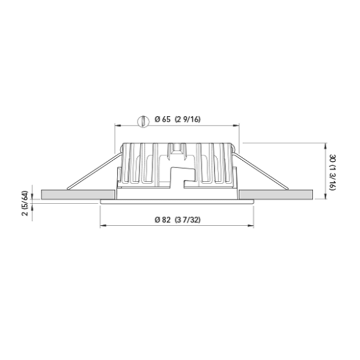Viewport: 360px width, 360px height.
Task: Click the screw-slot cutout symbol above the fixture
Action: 142,121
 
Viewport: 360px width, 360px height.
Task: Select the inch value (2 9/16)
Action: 188,120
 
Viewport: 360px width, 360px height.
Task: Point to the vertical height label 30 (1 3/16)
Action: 332,171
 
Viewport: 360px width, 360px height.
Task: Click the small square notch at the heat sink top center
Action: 177,147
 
